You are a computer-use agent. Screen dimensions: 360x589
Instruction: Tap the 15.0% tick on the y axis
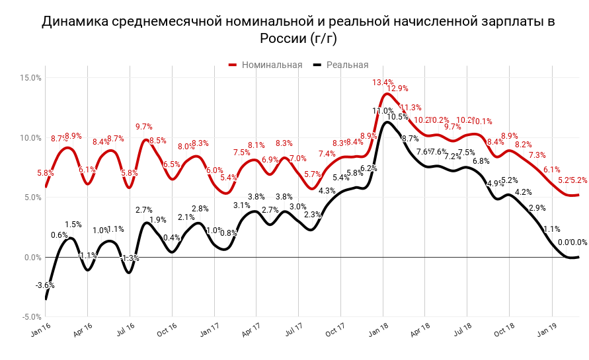pos(31,78)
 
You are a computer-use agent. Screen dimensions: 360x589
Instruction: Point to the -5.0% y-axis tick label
pos(31,317)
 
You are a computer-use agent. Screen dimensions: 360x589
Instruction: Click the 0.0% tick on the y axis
pos(31,258)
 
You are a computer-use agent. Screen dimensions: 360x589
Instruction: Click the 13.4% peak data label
pos(383,83)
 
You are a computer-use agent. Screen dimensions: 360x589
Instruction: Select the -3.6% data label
pos(45,285)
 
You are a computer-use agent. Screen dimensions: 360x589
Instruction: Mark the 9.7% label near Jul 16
pos(144,127)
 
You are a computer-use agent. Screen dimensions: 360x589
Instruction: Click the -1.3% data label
pos(130,258)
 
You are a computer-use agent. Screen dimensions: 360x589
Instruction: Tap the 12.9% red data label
pos(397,89)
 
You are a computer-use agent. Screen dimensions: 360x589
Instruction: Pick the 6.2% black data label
pos(368,168)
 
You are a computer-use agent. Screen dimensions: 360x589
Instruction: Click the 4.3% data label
pos(327,191)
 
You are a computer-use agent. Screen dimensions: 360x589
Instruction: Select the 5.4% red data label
pos(229,178)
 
